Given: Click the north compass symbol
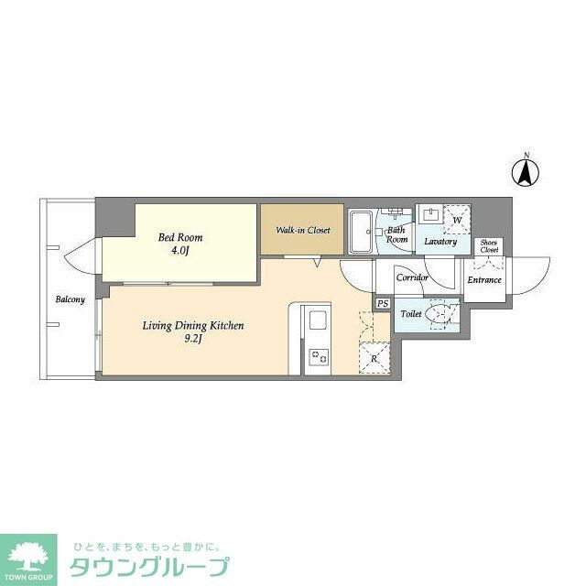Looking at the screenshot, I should click(x=526, y=171).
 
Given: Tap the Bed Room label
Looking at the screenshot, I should click(x=179, y=237).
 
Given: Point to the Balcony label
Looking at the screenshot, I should click(x=71, y=299).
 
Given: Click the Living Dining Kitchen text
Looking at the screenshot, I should click(x=192, y=325).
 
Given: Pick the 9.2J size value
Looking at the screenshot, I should click(x=192, y=339).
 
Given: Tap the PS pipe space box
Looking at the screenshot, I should click(x=383, y=303).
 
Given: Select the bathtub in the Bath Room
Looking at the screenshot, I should click(x=360, y=233).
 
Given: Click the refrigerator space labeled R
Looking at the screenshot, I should click(x=374, y=358).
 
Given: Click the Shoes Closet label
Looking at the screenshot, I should click(x=489, y=246).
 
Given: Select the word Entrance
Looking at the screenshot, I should click(x=484, y=279).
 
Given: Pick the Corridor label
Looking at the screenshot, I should click(x=413, y=277).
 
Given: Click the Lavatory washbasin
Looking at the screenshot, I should click(x=430, y=216).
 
